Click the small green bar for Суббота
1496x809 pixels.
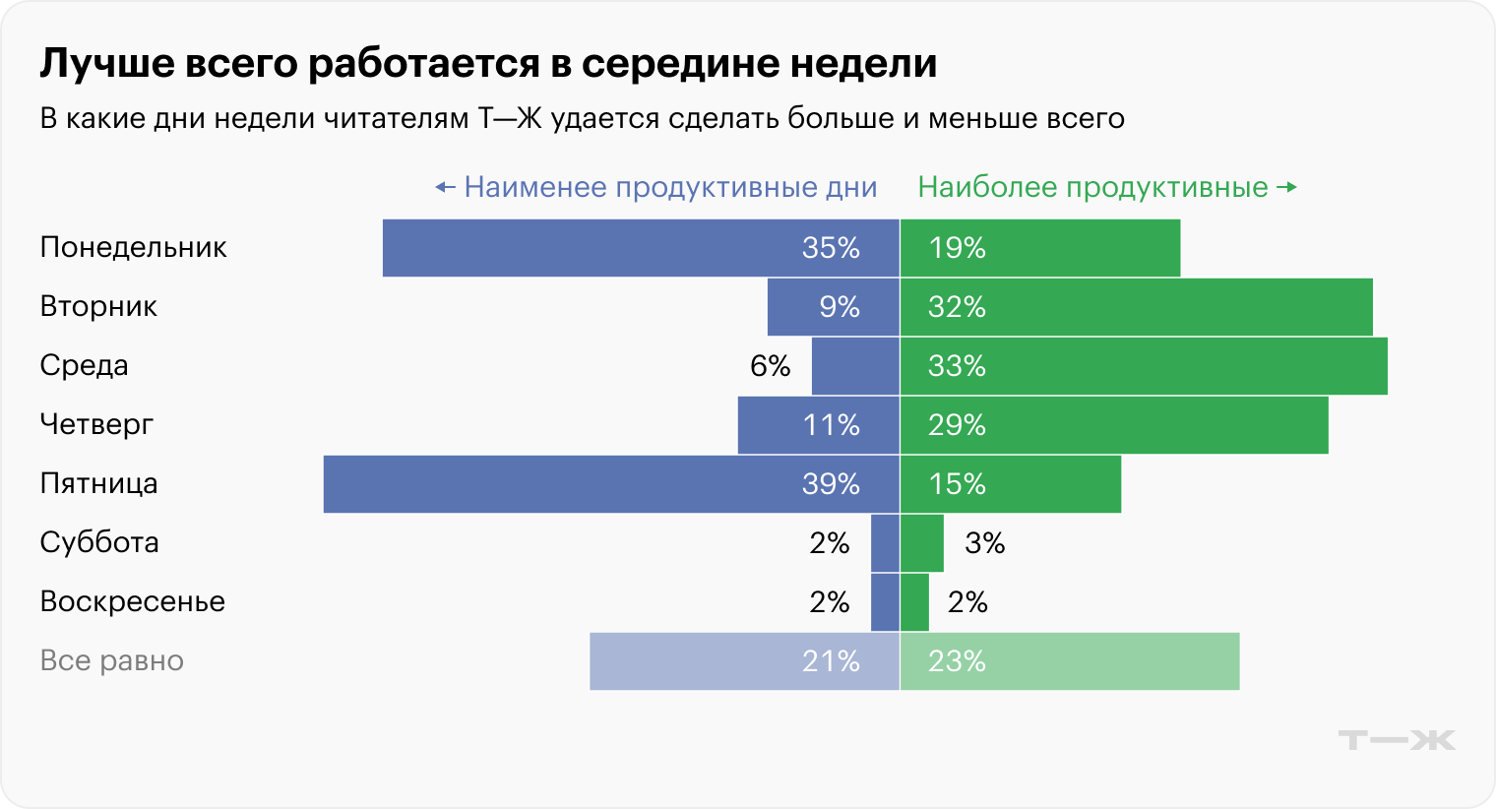click(922, 543)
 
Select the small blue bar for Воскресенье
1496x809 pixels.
click(885, 602)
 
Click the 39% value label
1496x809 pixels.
click(831, 484)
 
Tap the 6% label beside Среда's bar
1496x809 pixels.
click(770, 366)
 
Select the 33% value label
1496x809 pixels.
click(957, 366)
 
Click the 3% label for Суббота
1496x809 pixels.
click(984, 543)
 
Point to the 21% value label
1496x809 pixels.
click(831, 661)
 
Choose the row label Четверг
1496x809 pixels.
click(96, 425)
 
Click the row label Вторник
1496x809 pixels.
click(98, 307)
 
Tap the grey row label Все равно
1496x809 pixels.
click(111, 661)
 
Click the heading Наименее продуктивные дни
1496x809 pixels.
click(669, 188)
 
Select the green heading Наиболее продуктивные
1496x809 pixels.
click(1092, 188)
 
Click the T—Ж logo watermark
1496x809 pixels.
click(1397, 740)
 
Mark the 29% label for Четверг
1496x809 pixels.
click(957, 425)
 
